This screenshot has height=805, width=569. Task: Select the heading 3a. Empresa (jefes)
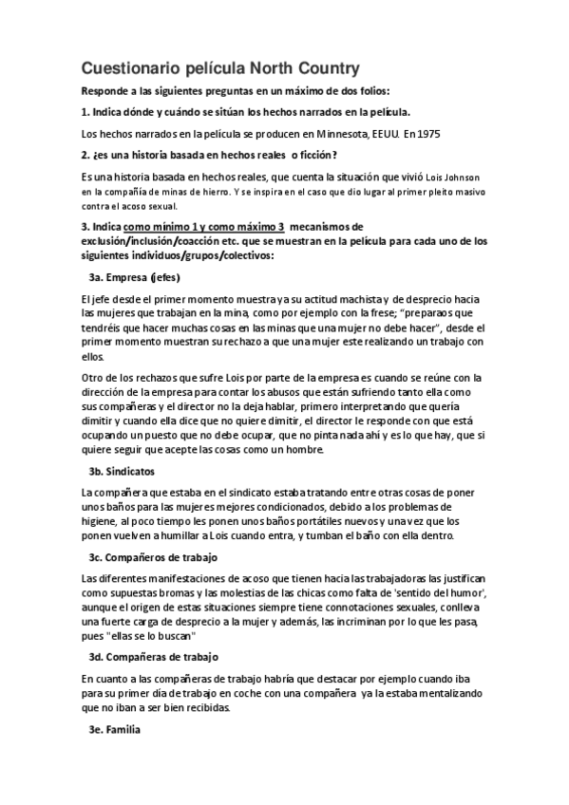[134, 278]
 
